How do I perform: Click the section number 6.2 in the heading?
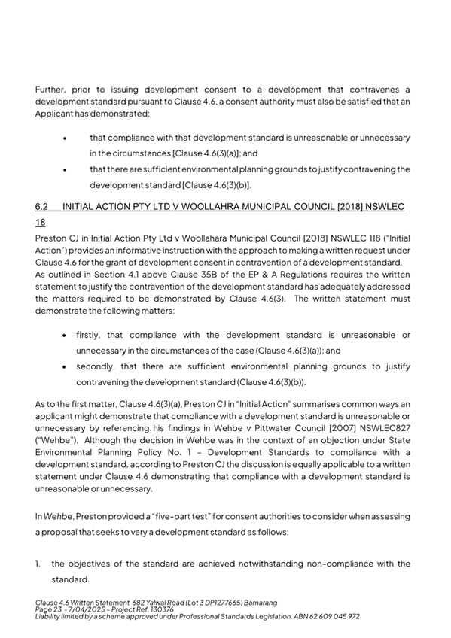pos(42,205)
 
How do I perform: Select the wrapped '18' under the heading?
pos(41,223)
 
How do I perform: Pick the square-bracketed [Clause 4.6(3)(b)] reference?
pos(213,184)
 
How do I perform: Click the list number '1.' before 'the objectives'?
pos(38,564)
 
